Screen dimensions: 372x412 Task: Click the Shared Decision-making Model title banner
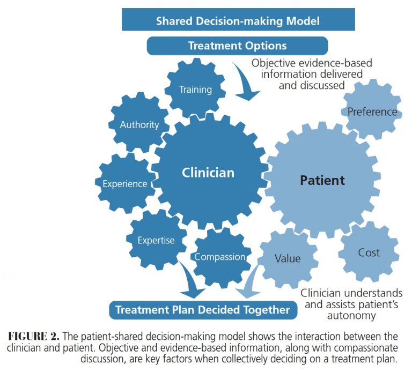(238, 21)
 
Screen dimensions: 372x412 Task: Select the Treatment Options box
(237, 46)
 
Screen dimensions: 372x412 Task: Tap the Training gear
(195, 90)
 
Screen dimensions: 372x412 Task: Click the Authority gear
(139, 125)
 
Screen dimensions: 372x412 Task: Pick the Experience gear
(125, 184)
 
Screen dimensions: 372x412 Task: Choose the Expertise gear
(156, 240)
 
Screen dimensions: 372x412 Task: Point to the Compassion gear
(220, 257)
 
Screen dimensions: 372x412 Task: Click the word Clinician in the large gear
(208, 173)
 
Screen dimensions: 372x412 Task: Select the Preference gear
(372, 112)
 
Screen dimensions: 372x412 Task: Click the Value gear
(288, 258)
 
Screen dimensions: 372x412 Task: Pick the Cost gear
(369, 252)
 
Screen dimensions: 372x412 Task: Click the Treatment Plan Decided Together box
(203, 310)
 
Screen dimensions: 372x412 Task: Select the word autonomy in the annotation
(351, 316)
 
